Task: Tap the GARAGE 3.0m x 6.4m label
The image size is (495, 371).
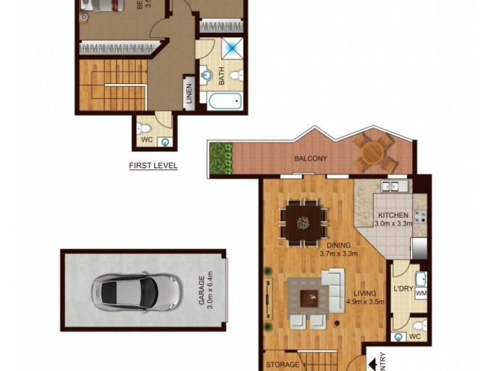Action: coord(205,290)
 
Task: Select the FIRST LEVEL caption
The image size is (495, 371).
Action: coord(153,166)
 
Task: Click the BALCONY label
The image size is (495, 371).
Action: coord(311,159)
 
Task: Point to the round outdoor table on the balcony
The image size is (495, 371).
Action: coord(373,152)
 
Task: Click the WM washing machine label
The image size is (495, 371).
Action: coord(421,294)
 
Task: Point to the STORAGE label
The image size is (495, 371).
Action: coord(282,365)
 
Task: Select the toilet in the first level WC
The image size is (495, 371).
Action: coord(144,129)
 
